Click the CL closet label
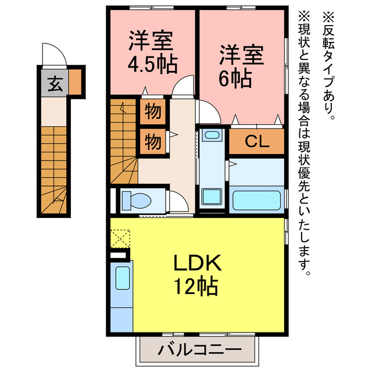tap(256, 142)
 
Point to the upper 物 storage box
tap(153, 110)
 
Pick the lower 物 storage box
tap(153, 141)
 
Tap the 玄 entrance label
tap(54, 85)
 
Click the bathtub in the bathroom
tap(256, 200)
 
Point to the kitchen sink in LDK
tap(123, 278)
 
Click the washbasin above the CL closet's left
tap(212, 136)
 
